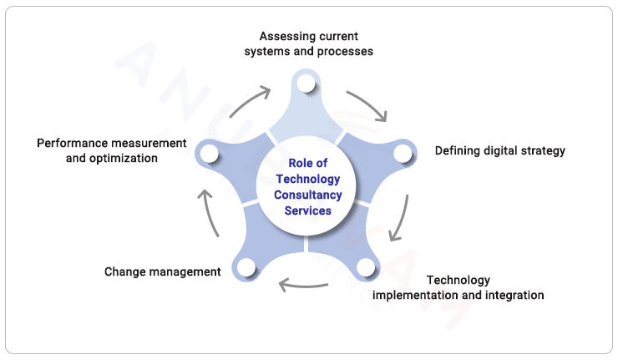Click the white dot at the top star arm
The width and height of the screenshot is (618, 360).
(305, 83)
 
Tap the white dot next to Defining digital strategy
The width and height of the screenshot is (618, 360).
(403, 153)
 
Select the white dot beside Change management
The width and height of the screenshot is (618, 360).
(246, 268)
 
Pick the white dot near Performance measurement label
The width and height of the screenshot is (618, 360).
(208, 154)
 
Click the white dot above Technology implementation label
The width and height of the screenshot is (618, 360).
(365, 268)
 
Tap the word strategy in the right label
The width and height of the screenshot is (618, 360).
(541, 151)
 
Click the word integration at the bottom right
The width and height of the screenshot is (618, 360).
(513, 295)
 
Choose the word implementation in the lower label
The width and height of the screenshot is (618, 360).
(410, 295)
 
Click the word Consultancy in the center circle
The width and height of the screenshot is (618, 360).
(308, 195)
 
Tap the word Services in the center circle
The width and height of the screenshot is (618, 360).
(308, 210)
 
